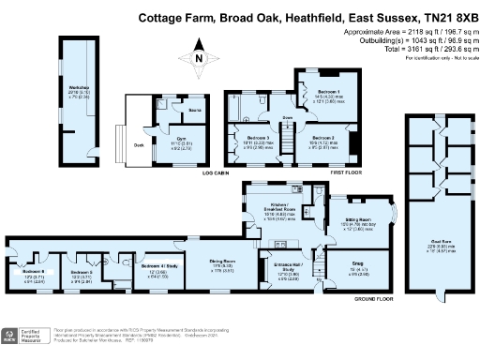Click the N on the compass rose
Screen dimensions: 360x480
click(x=197, y=60)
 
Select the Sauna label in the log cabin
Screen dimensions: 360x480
click(x=195, y=111)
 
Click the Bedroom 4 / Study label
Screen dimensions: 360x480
click(x=157, y=266)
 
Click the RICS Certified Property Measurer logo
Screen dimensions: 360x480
click(x=23, y=337)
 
